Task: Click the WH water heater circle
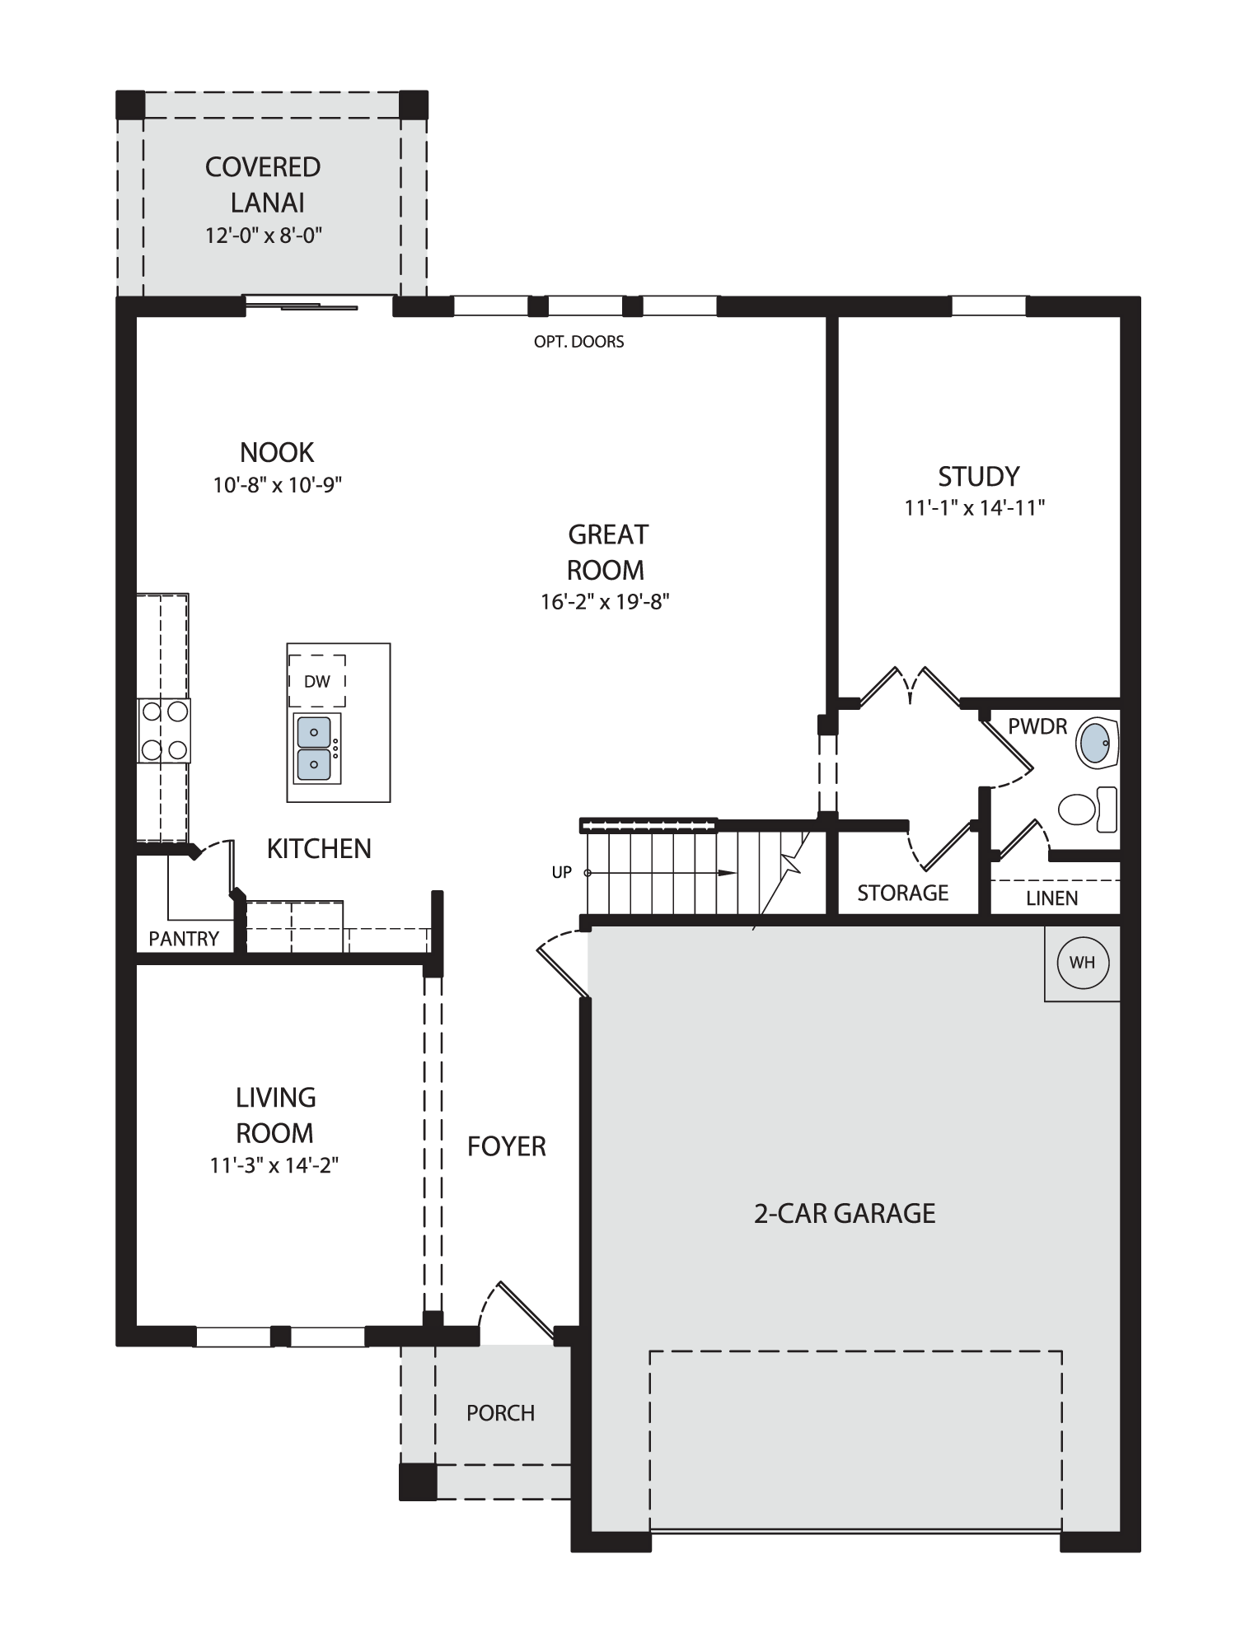click(1082, 962)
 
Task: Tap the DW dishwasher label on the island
click(317, 681)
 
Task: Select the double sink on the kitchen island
click(317, 749)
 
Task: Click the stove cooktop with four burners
click(164, 730)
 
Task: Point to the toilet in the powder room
click(1088, 810)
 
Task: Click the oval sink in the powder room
click(1096, 742)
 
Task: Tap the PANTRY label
click(184, 939)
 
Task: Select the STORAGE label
click(903, 893)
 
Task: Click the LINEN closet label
click(1052, 898)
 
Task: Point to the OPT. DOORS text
click(579, 341)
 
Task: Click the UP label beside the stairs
click(562, 872)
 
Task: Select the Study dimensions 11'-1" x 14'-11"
click(975, 507)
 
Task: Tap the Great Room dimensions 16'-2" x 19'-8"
click(605, 601)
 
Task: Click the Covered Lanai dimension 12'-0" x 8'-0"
click(264, 236)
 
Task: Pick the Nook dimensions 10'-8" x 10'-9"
click(278, 484)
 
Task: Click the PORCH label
click(501, 1413)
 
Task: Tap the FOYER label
click(507, 1146)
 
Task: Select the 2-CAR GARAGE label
click(845, 1213)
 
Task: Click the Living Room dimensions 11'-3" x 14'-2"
click(274, 1165)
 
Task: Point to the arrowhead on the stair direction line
click(728, 873)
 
